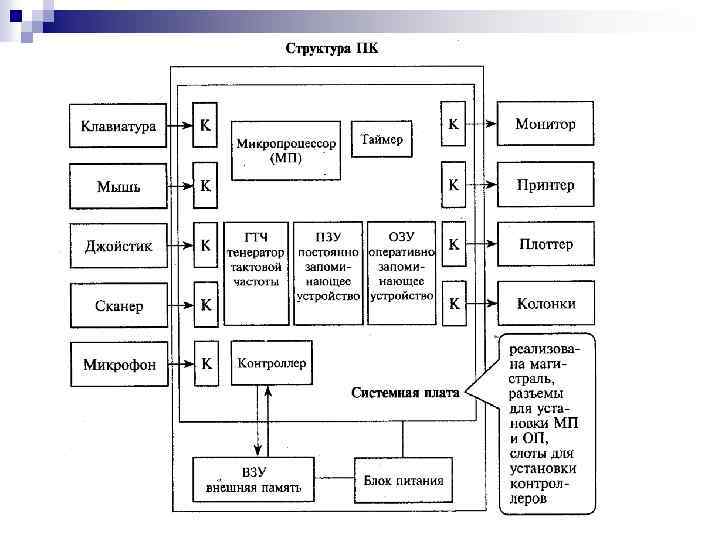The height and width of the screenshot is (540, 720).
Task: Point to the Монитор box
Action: coord(545,126)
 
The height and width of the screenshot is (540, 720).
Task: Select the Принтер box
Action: coord(545,185)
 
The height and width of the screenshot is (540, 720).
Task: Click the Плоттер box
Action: coord(545,244)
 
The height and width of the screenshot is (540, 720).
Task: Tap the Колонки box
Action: coord(545,303)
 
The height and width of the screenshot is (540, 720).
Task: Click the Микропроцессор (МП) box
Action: coord(286,151)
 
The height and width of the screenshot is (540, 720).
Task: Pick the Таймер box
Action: coord(382,140)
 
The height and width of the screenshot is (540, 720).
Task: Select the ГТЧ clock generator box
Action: coord(256,273)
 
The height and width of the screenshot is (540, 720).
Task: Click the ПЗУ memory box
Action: coord(328,273)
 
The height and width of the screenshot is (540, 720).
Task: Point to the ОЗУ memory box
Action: coord(402,273)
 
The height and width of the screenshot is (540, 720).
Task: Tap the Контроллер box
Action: coord(272,363)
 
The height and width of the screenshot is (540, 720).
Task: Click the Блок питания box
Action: coord(403,480)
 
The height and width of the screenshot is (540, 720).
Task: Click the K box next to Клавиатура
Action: coord(205,127)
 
